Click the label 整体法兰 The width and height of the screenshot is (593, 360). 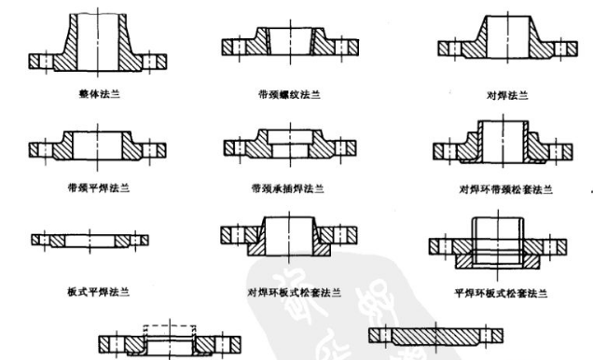(x=99, y=94)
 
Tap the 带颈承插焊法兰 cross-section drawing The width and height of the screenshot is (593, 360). (x=285, y=145)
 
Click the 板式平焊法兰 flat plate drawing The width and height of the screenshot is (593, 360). (x=89, y=239)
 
